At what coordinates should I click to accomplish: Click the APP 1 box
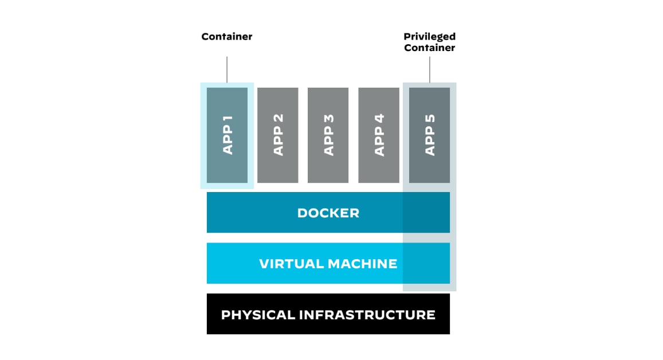227,135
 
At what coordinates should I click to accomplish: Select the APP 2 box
277,135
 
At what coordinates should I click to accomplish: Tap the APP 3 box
328,135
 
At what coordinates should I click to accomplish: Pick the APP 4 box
379,135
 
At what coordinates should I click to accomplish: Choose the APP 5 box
429,135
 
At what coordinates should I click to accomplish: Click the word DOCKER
328,213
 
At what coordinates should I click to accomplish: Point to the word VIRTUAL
291,264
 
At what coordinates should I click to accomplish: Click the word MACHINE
362,264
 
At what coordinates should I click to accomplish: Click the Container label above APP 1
227,37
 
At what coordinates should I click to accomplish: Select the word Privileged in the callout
429,37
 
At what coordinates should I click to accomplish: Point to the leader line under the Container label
227,69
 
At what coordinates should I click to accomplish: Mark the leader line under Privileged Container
430,69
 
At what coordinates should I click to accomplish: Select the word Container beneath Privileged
429,48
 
